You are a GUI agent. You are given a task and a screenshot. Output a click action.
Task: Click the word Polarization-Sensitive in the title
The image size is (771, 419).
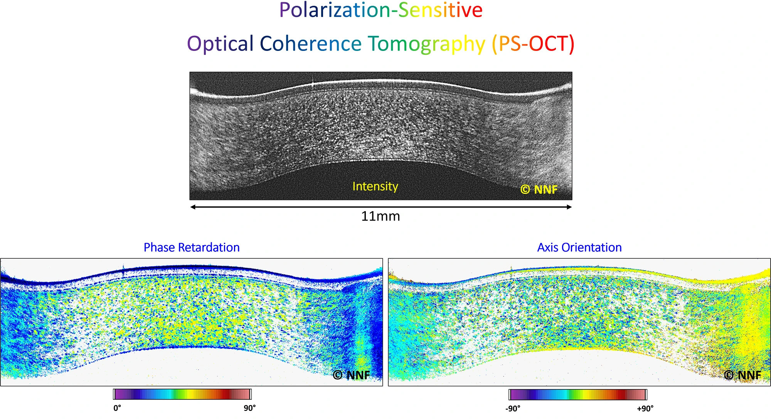pos(380,10)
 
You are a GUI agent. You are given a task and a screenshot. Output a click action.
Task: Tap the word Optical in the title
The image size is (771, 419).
pos(220,44)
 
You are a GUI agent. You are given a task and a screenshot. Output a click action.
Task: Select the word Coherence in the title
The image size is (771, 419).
pos(310,44)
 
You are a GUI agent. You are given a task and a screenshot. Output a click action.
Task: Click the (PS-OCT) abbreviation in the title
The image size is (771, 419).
pos(533,44)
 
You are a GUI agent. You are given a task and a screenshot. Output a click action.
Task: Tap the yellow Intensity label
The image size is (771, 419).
pos(375,187)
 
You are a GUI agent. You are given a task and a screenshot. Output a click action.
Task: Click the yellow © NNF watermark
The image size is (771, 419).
pos(539,190)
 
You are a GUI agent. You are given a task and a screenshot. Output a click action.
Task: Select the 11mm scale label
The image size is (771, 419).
pos(380,216)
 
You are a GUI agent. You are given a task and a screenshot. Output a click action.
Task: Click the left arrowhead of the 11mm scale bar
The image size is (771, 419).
pos(192,207)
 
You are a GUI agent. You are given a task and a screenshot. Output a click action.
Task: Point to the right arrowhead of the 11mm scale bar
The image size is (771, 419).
pos(569,207)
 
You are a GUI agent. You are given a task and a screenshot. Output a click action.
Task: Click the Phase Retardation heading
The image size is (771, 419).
pos(192,247)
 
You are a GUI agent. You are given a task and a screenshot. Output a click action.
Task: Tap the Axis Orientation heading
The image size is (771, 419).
pos(579,247)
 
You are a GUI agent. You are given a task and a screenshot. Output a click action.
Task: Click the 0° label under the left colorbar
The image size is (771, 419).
pos(117,408)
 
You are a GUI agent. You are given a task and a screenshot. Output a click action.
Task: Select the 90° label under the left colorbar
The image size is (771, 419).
pos(249,408)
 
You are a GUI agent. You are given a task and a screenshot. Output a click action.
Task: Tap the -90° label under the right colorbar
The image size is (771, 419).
pos(513,409)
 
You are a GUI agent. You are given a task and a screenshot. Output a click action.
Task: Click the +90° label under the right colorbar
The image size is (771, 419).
pos(645,409)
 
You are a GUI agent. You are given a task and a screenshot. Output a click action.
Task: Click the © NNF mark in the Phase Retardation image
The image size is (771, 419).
pos(351,375)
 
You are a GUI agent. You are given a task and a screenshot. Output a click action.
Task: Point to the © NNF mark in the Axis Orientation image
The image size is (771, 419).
pos(742,375)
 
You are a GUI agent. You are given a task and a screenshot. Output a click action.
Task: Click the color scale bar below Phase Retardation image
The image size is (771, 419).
pos(182,394)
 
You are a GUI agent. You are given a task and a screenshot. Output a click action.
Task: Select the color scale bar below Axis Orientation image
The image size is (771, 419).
pos(578,395)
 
